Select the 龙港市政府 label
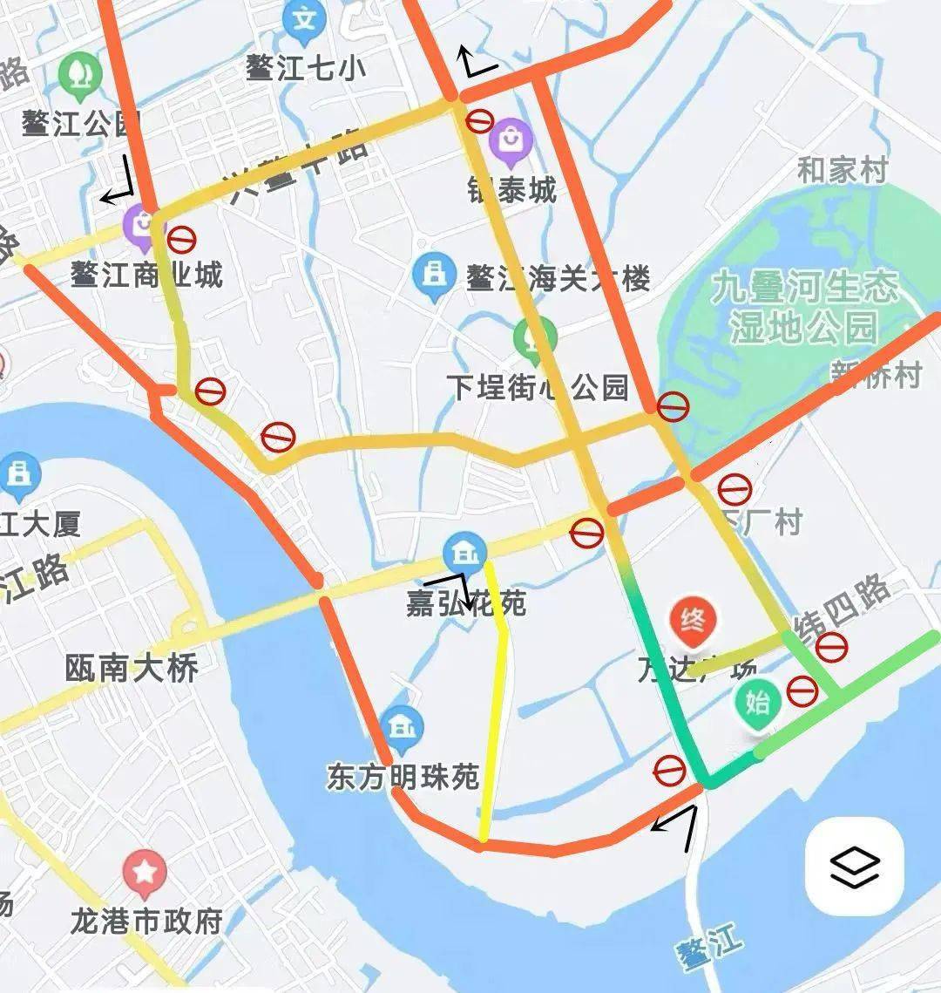146,921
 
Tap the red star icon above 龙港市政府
145,873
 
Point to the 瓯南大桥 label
132,669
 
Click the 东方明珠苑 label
403,777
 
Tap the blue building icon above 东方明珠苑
402,727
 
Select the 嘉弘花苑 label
466,603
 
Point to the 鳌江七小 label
305,68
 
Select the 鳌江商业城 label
146,275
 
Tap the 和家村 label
842,170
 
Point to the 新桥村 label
875,376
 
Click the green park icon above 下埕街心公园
535,338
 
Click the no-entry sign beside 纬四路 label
830,647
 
